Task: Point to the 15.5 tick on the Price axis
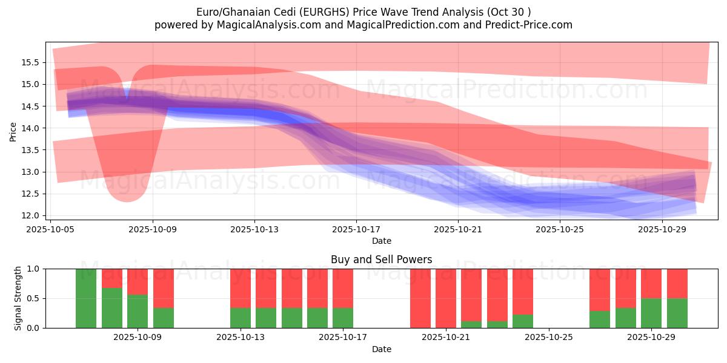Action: point(31,62)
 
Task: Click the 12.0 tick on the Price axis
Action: point(31,215)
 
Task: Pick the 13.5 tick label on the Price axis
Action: point(31,150)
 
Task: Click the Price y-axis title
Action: point(13,131)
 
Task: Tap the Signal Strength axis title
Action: point(18,298)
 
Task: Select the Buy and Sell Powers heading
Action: point(381,260)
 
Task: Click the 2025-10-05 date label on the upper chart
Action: point(51,229)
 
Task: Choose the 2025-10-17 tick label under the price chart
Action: point(356,229)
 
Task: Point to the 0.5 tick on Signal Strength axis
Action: point(34,298)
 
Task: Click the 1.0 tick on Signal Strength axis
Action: point(34,269)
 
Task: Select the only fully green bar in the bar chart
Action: point(86,298)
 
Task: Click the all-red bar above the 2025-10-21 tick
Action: point(446,298)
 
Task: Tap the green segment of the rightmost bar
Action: point(677,313)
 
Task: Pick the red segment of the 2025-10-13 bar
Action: point(241,288)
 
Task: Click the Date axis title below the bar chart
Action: point(381,349)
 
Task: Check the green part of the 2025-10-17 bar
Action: point(343,318)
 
